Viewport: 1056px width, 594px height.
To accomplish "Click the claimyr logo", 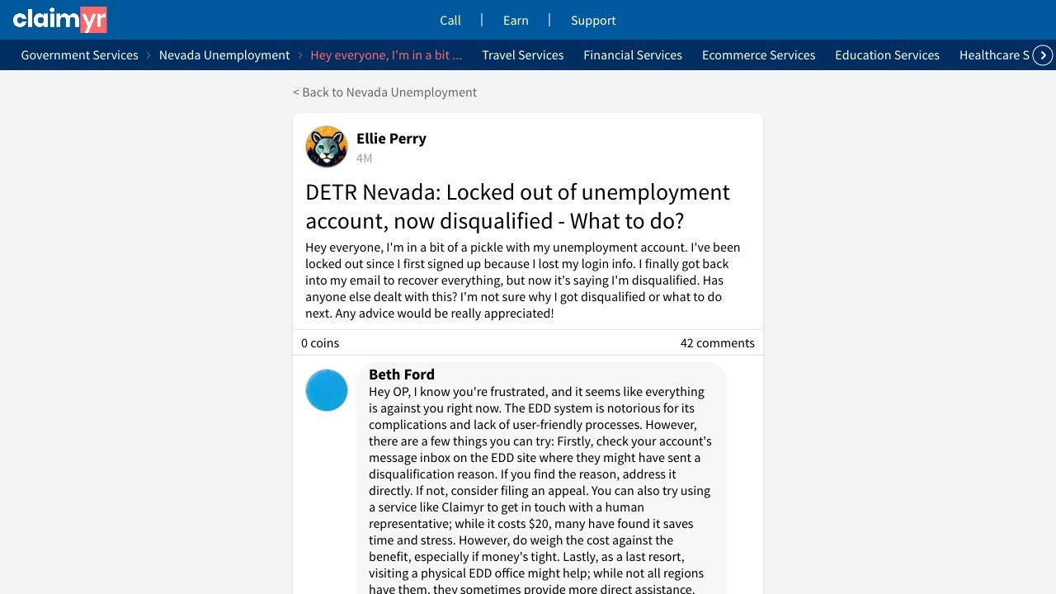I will click(x=59, y=19).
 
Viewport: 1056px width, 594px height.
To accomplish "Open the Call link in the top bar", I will click(x=450, y=21).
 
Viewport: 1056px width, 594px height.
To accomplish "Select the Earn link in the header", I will click(x=516, y=21).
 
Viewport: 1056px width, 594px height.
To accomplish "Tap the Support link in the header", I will click(x=593, y=21).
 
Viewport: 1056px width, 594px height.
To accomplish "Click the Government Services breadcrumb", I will click(x=80, y=55).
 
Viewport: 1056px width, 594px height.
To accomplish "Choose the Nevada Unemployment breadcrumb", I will click(x=224, y=55).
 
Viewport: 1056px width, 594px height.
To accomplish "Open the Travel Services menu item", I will click(x=523, y=55).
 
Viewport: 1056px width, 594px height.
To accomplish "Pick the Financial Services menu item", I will click(x=633, y=55).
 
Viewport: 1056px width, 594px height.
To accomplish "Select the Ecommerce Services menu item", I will click(x=759, y=55).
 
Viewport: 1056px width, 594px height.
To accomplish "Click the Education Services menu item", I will click(x=887, y=55).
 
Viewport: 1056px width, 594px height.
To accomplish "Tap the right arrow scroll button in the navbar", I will click(x=1044, y=55).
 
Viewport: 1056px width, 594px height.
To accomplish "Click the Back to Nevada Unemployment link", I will click(x=384, y=92).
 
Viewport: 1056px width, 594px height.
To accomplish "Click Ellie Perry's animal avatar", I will click(x=327, y=147).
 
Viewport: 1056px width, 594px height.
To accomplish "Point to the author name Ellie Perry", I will click(x=391, y=139).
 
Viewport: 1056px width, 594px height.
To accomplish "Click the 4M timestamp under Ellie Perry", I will click(x=364, y=158).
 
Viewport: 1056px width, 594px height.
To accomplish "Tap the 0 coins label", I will click(x=320, y=343).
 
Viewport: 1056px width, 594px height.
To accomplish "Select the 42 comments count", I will click(x=717, y=343).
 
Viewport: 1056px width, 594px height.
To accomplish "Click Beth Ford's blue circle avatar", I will click(x=327, y=390).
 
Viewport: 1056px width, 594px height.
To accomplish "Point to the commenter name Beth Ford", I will click(x=402, y=375).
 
